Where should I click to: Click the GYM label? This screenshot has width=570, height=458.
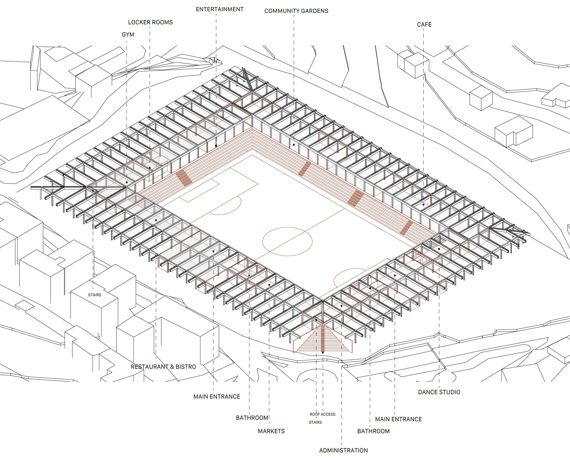tap(128, 35)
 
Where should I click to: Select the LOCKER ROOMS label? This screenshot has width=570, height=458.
tap(150, 22)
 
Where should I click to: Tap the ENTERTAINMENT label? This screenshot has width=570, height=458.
tap(219, 9)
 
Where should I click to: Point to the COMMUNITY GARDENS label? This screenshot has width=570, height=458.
tap(296, 11)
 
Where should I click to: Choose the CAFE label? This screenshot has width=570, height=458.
tap(424, 25)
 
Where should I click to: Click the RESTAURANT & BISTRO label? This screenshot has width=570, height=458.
tap(163, 367)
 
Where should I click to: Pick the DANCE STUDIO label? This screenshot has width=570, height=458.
tap(439, 392)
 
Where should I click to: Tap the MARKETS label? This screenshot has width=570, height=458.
tap(271, 431)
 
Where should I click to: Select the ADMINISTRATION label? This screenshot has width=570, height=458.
tap(343, 450)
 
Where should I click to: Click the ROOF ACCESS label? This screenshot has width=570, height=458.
tap(322, 414)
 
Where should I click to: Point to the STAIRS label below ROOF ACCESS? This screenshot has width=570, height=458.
tap(315, 422)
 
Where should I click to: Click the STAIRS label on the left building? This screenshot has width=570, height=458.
tap(94, 295)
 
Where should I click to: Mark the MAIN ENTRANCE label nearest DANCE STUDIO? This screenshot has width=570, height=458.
tap(398, 419)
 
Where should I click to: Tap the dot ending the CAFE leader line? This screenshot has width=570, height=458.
tap(423, 205)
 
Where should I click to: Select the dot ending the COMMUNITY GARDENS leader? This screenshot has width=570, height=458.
tap(294, 145)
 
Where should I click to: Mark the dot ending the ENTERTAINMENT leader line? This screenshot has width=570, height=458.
tap(216, 146)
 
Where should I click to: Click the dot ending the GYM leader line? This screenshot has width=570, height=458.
tap(127, 182)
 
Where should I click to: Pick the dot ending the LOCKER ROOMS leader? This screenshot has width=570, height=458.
tap(150, 168)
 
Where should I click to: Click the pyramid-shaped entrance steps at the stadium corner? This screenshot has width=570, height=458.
tap(323, 340)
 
